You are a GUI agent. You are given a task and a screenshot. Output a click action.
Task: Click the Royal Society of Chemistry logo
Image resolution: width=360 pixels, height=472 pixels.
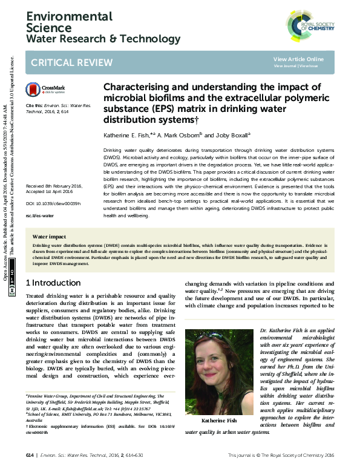click(x=309, y=28)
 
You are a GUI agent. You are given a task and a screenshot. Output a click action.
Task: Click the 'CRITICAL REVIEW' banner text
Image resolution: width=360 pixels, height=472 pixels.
click(x=66, y=62)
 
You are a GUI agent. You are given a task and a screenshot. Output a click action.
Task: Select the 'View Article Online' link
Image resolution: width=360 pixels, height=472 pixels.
click(x=298, y=59)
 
